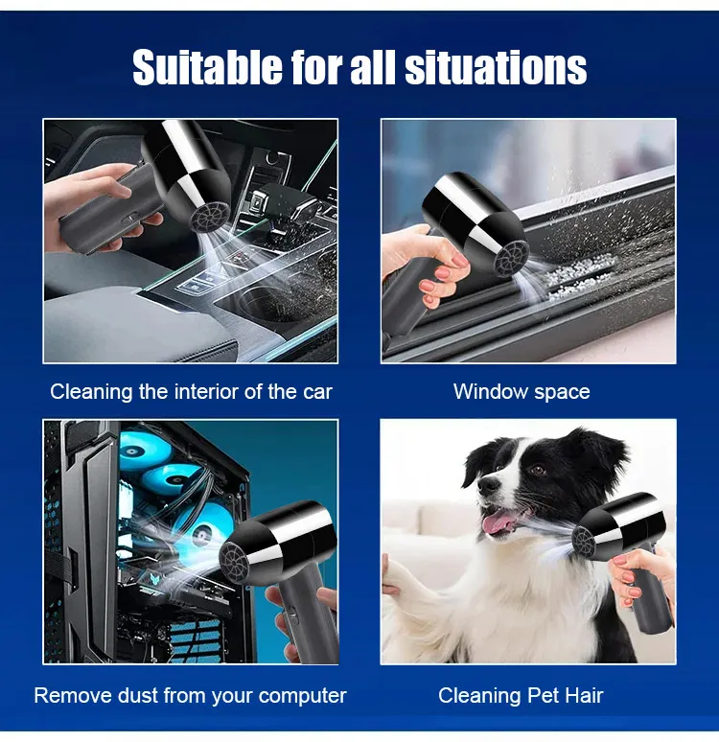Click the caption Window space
[522, 391]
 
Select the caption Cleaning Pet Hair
[521, 695]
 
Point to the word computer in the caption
[302, 695]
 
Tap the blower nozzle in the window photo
[511, 255]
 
